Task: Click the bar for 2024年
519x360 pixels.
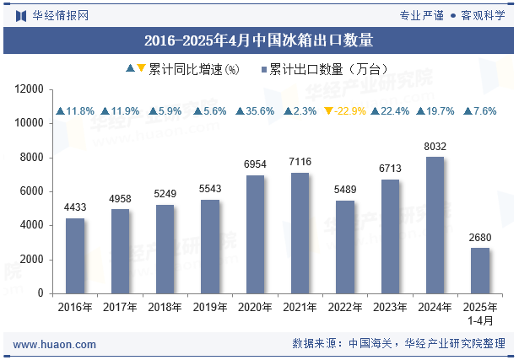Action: [435, 225]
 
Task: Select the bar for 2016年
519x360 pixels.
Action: [75, 255]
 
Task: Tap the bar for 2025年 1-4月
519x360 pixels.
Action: [479, 271]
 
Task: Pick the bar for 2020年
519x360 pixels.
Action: [255, 234]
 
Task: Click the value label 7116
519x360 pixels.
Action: [300, 162]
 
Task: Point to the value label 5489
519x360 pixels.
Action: [344, 190]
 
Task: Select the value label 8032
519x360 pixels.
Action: [435, 147]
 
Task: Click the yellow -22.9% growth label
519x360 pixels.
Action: [345, 111]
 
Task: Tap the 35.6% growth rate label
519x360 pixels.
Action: [255, 111]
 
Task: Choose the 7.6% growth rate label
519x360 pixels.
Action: [479, 111]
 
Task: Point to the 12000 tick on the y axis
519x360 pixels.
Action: [30, 89]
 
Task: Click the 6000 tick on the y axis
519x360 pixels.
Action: [32, 191]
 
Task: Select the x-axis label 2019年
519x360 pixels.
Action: [210, 308]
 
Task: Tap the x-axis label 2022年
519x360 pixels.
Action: [344, 308]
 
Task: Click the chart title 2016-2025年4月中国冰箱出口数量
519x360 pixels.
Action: [259, 40]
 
